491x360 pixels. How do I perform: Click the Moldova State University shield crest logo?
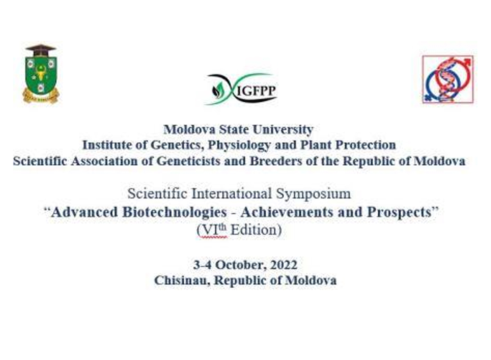click(x=41, y=74)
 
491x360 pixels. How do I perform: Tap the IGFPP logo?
click(x=241, y=89)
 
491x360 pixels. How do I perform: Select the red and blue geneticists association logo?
click(x=448, y=79)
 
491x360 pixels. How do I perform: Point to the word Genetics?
click(x=176, y=145)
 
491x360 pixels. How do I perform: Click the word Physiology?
click(x=239, y=146)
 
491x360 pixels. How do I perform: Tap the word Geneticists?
click(x=188, y=161)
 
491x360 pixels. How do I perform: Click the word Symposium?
click(x=313, y=194)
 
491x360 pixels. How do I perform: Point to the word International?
click(x=232, y=193)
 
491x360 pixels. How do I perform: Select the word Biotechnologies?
click(x=174, y=213)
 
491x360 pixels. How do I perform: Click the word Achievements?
click(x=287, y=212)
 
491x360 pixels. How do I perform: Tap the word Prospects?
click(x=399, y=213)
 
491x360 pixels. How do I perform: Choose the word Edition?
click(x=254, y=230)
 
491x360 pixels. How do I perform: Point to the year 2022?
click(x=284, y=265)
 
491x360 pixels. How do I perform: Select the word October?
click(x=241, y=265)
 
